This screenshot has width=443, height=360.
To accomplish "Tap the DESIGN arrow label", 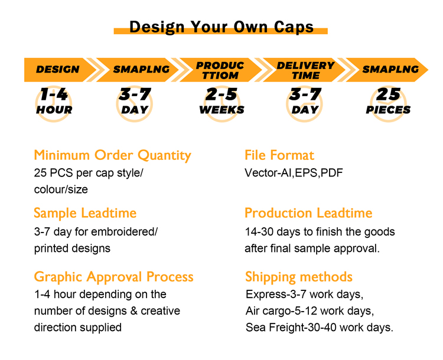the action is click(58, 70).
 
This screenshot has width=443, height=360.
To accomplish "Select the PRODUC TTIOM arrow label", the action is click(220, 70).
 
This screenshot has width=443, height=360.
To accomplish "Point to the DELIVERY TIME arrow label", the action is click(306, 70).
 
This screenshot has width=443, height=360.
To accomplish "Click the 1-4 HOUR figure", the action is click(54, 101).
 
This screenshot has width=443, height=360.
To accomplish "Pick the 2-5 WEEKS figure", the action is click(221, 101).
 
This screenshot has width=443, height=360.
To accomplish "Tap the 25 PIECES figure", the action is click(388, 101).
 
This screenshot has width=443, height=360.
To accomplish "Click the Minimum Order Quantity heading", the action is click(112, 155).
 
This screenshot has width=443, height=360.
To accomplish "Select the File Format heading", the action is click(279, 155).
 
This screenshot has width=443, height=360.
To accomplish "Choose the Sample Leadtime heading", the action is click(85, 213).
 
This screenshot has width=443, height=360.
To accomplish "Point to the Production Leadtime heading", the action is click(308, 213).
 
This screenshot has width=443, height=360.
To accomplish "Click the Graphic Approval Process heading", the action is click(113, 277).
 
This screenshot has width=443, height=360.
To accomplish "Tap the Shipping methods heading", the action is click(299, 277).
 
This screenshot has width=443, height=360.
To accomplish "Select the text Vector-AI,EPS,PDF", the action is click(294, 173).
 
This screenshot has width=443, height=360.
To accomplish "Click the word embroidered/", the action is click(124, 232).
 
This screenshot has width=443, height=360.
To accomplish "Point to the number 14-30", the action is click(259, 232).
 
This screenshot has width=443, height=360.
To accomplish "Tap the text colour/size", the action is click(61, 189).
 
